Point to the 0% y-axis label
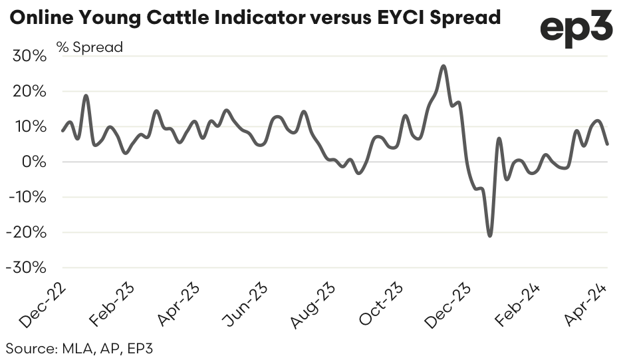[35, 162]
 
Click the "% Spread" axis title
[90, 48]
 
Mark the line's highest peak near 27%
[443, 66]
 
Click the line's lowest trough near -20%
[490, 236]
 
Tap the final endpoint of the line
[606, 144]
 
